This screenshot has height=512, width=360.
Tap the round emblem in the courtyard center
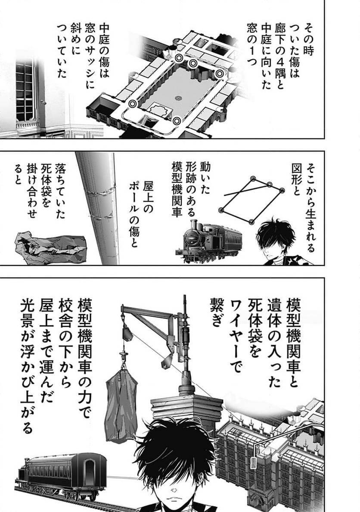(x=178, y=98)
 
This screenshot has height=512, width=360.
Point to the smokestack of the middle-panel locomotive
(x=192, y=227)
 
